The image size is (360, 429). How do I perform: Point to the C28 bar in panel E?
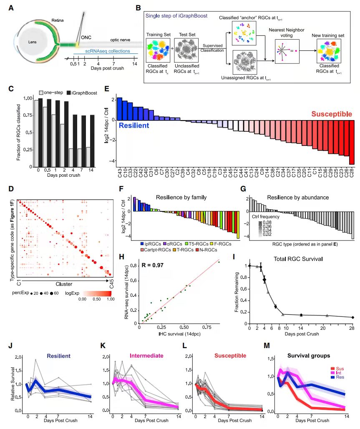click(352, 143)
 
